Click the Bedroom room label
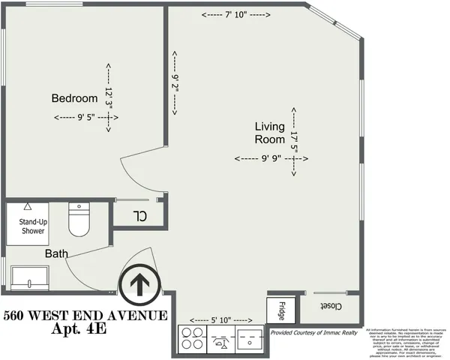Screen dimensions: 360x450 point(74,98)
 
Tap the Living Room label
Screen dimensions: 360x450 point(269,133)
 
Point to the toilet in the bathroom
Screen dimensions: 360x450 point(79,219)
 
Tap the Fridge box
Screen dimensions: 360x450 point(277,309)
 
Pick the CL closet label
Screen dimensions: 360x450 point(139,217)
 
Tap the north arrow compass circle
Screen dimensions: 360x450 point(139,284)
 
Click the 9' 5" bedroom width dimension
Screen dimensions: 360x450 point(85,117)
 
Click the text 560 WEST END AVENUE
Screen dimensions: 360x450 point(84,315)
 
